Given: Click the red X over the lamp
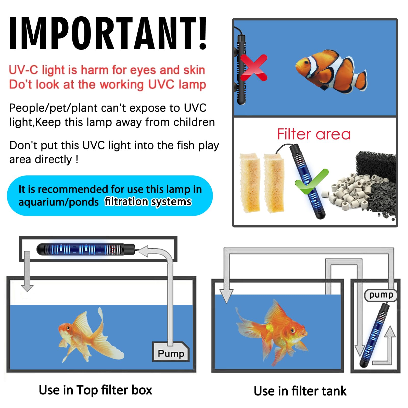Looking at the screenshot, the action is [x=253, y=68].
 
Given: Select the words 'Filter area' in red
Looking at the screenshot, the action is [x=314, y=134].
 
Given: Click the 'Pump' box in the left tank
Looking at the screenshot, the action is [x=171, y=352].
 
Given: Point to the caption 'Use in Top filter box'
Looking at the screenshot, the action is [x=95, y=390].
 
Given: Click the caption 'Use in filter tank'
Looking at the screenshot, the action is [x=300, y=391].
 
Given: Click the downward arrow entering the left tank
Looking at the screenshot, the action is [x=27, y=271].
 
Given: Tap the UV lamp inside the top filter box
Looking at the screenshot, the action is [x=85, y=249].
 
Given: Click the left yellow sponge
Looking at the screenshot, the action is [x=250, y=182].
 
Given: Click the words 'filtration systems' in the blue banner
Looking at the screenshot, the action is [x=148, y=202].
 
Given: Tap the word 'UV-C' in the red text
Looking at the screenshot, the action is [x=23, y=70].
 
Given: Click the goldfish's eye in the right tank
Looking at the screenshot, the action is [x=292, y=330].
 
